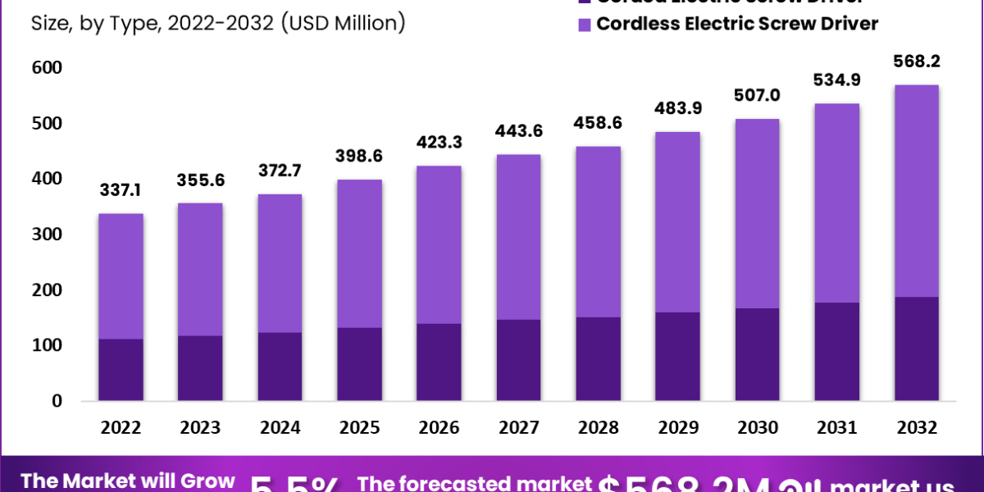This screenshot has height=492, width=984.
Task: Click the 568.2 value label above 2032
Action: click(x=917, y=61)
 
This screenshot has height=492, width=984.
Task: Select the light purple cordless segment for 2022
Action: click(x=121, y=276)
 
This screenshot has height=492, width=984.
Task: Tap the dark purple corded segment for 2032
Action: click(x=917, y=348)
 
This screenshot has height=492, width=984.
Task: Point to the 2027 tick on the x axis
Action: click(x=518, y=428)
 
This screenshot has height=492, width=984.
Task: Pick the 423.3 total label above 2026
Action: click(x=439, y=142)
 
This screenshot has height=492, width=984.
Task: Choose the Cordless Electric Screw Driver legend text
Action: click(x=737, y=23)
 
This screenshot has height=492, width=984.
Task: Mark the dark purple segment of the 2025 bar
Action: click(x=359, y=364)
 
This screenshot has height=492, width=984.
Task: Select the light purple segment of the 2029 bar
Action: click(x=677, y=221)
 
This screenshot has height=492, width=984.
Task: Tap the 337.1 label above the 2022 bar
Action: click(x=121, y=190)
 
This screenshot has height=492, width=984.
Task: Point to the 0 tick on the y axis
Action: click(x=56, y=401)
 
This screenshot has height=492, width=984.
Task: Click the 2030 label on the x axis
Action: click(x=757, y=428)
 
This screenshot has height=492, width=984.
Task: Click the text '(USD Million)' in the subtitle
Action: click(x=342, y=23)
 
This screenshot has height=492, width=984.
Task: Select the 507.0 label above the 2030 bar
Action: click(x=757, y=95)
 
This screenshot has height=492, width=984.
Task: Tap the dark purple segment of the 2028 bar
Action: click(x=598, y=358)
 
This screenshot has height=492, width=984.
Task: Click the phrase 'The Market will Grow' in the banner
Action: click(x=128, y=481)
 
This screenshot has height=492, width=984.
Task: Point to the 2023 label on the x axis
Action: click(x=200, y=428)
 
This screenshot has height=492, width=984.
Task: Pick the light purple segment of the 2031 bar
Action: click(x=837, y=203)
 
